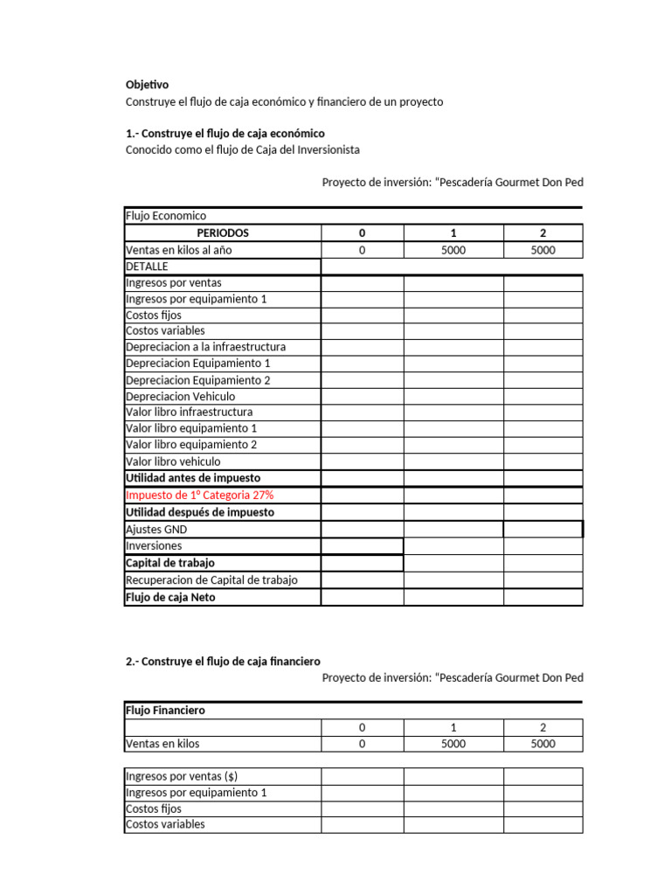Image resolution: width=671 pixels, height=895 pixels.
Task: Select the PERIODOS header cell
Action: (223, 233)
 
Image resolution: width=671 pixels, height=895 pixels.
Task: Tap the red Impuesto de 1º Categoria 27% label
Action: (200, 496)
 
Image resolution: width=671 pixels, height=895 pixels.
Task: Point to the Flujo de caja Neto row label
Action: (170, 597)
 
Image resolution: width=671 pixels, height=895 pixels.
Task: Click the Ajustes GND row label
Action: (156, 529)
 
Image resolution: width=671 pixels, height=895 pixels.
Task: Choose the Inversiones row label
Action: (154, 545)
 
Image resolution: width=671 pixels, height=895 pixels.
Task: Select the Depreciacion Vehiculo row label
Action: (180, 396)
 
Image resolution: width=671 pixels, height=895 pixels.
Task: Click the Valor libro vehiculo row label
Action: (173, 461)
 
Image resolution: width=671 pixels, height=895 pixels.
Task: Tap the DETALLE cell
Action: (147, 266)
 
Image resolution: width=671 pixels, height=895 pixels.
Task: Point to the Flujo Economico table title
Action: (166, 216)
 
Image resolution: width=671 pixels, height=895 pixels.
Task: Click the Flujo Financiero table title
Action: (165, 711)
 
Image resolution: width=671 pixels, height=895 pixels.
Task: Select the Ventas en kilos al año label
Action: (179, 250)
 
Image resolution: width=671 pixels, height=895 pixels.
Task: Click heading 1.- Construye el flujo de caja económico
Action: (225, 134)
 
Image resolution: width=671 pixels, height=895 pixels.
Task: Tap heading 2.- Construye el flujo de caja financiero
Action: (224, 661)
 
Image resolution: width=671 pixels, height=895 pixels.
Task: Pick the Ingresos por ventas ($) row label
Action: (182, 776)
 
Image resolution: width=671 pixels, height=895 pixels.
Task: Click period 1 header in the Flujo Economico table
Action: (453, 233)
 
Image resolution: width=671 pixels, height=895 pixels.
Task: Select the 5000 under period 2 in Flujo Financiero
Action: (543, 744)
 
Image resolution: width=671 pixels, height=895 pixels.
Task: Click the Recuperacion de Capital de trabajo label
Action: (211, 579)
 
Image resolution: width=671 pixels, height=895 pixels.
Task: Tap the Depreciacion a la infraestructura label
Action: (205, 347)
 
